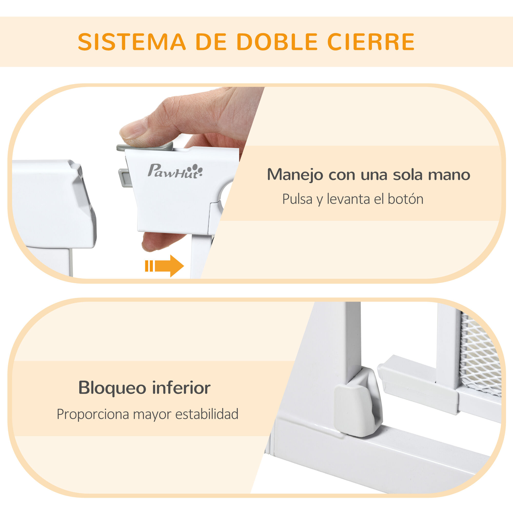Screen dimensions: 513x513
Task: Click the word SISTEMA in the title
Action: pyautogui.click(x=132, y=42)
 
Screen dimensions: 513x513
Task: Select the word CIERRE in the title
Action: pyautogui.click(x=371, y=42)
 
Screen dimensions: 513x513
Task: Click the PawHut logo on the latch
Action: pyautogui.click(x=175, y=171)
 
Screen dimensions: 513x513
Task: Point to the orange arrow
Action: pyautogui.click(x=164, y=266)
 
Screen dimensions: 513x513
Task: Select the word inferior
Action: pyautogui.click(x=181, y=388)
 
